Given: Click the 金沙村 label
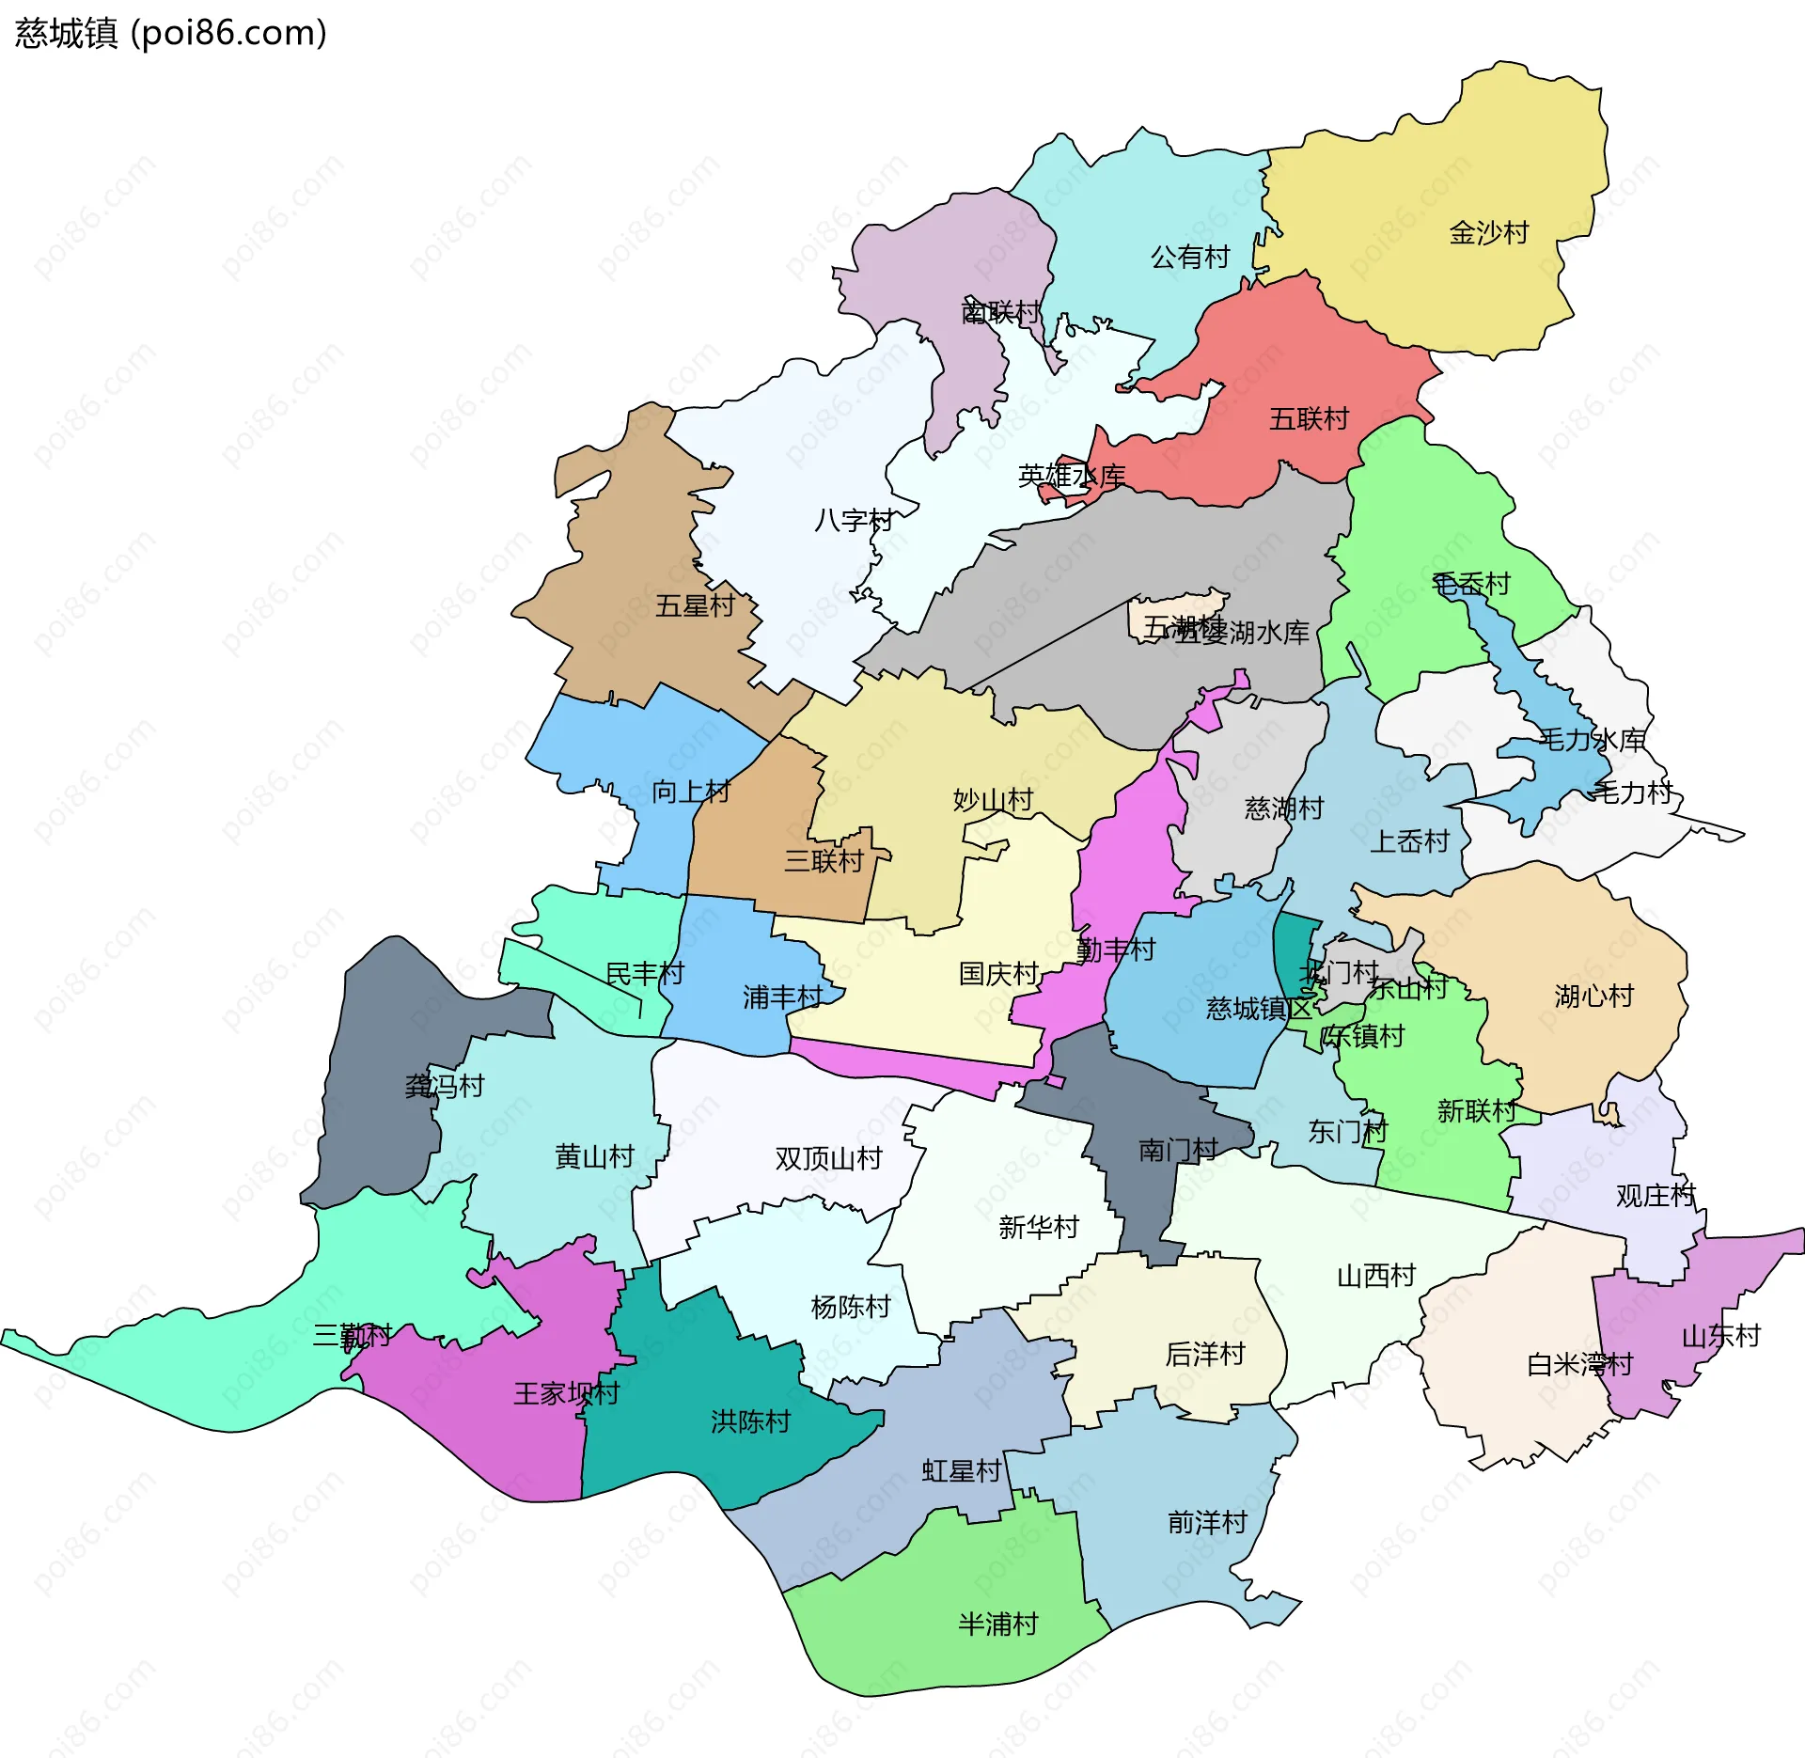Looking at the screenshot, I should [1489, 232].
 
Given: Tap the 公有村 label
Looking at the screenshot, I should [1190, 257].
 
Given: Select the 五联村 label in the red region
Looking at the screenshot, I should [1309, 418].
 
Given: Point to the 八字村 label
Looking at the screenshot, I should [854, 520].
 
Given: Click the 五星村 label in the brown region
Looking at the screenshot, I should [695, 605].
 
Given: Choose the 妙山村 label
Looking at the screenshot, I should [993, 800].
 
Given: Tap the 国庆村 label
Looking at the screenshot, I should [998, 974].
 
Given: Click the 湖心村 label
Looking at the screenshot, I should [1594, 996].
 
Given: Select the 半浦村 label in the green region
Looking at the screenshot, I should [998, 1625].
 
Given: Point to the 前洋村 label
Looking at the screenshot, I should [1207, 1523].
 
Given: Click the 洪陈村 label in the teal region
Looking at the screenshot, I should [750, 1421].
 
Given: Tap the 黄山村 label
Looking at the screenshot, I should [594, 1156].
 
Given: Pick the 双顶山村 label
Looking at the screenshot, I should [828, 1158].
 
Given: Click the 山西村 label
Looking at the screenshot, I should [1376, 1276].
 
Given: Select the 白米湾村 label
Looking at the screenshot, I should [1579, 1364].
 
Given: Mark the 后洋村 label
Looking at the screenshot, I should [1205, 1354].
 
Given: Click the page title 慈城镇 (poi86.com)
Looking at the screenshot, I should [170, 33].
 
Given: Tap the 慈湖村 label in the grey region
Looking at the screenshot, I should [1284, 808].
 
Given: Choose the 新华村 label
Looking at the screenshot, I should [1038, 1227].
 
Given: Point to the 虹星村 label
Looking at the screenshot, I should [961, 1471].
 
